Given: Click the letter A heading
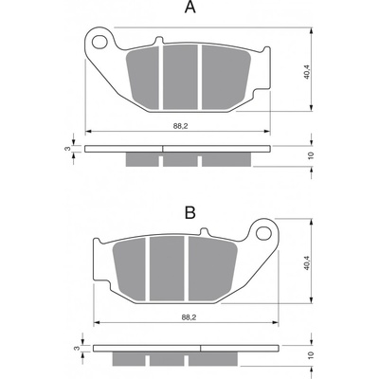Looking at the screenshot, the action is (x=190, y=7).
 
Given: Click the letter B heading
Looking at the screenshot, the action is (x=190, y=213).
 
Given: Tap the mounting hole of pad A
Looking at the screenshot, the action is (x=100, y=42).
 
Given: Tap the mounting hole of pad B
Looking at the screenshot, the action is (x=263, y=233).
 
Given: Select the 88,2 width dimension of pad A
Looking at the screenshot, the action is (x=180, y=126).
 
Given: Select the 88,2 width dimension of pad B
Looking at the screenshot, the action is (x=189, y=317).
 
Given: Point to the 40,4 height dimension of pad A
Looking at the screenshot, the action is (x=307, y=72).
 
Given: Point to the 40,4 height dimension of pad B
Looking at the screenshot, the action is (x=307, y=263).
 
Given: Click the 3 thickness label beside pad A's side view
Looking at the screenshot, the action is (x=66, y=149).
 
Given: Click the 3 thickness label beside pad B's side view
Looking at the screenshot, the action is (x=76, y=348).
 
